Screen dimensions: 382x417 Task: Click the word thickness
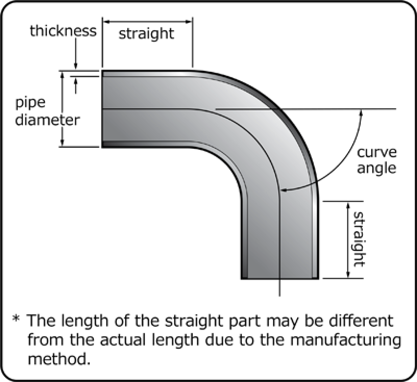[63, 31]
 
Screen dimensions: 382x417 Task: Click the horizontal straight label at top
[146, 34]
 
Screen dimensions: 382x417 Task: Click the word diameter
[47, 120]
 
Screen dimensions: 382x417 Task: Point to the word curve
[377, 152]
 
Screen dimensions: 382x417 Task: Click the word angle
[377, 169]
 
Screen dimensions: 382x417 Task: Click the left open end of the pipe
[102, 109]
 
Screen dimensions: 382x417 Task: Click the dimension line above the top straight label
[147, 22]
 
